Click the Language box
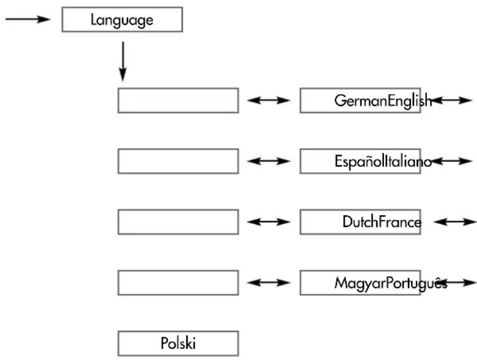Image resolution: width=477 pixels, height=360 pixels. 122,20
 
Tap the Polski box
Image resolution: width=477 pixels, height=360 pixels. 178,343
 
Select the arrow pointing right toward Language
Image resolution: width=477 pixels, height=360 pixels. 28,20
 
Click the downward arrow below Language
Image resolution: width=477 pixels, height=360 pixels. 123,61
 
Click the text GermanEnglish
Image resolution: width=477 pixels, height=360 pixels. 383,101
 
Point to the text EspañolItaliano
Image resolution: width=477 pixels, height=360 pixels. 384,161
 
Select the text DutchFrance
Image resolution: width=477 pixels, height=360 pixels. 382,222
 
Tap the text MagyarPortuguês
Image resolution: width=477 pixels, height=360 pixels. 391,283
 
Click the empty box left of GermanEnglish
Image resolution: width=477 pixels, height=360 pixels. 178,101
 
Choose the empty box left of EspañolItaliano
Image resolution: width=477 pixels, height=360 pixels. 178,161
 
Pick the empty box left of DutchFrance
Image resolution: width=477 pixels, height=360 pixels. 178,222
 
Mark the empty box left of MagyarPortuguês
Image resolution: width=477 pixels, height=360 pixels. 178,283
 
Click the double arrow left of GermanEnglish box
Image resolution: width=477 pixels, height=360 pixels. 269,100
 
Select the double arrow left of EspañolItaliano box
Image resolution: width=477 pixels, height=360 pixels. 269,161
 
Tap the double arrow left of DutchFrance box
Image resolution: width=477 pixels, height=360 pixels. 269,222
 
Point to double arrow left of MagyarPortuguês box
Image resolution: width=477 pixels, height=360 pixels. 269,283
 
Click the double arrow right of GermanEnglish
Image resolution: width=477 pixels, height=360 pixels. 451,100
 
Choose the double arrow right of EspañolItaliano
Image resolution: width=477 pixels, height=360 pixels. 451,161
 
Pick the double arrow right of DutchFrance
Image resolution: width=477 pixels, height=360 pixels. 455,222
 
